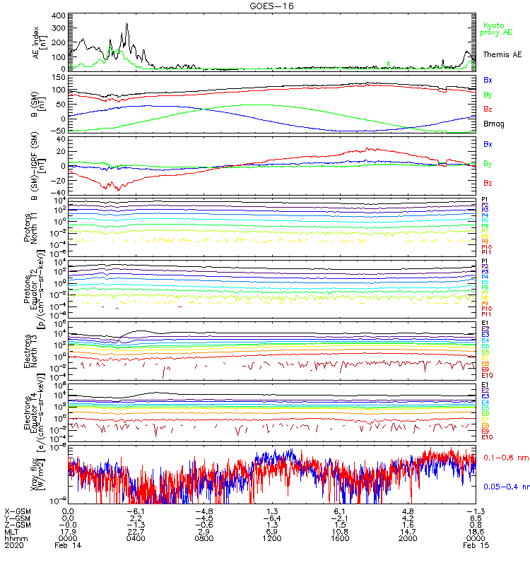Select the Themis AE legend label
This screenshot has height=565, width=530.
click(502, 54)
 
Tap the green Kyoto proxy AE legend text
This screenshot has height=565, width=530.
click(496, 29)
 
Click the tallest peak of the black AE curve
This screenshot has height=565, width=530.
click(126, 24)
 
